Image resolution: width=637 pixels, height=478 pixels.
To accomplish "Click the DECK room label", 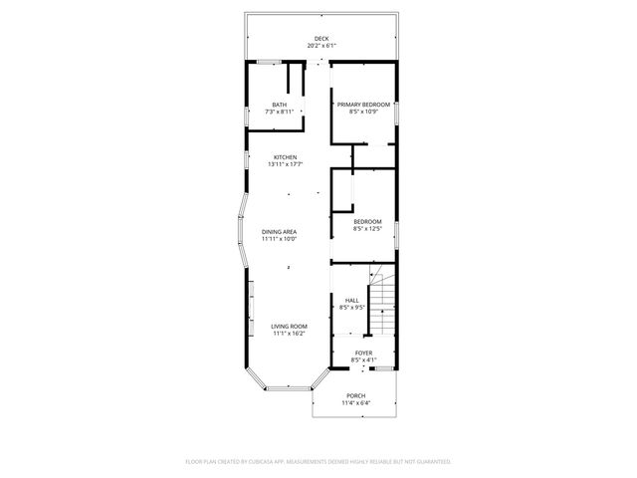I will click(x=321, y=39).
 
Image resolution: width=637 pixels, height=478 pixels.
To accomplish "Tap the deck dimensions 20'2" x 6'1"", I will click(x=321, y=46).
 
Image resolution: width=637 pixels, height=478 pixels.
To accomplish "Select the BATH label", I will click(x=280, y=105).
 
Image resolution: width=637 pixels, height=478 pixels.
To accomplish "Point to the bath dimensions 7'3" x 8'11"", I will click(x=280, y=112).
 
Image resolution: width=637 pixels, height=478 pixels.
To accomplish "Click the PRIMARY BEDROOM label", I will click(x=363, y=105).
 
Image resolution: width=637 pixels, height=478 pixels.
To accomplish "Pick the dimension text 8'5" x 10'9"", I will click(x=363, y=112).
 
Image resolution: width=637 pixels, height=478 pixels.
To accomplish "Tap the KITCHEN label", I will click(x=286, y=157).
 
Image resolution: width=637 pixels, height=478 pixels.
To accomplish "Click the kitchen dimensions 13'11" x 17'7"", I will click(x=286, y=164).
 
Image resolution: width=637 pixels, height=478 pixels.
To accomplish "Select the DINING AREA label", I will click(x=280, y=232).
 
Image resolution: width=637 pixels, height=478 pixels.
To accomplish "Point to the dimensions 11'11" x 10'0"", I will click(x=280, y=239).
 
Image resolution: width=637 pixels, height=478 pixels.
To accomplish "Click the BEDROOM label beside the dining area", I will click(x=367, y=222).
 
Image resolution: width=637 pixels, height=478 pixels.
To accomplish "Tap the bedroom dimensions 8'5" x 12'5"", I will click(x=367, y=229).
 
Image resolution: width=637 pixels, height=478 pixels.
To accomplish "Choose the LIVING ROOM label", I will click(x=290, y=327).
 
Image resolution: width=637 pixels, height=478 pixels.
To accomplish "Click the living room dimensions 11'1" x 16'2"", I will click(x=290, y=334).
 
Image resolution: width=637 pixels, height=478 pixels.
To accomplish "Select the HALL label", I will click(x=352, y=300).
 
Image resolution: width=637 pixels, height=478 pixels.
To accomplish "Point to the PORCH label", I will click(x=355, y=396).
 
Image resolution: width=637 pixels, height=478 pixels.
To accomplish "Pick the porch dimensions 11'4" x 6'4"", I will click(x=355, y=403).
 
